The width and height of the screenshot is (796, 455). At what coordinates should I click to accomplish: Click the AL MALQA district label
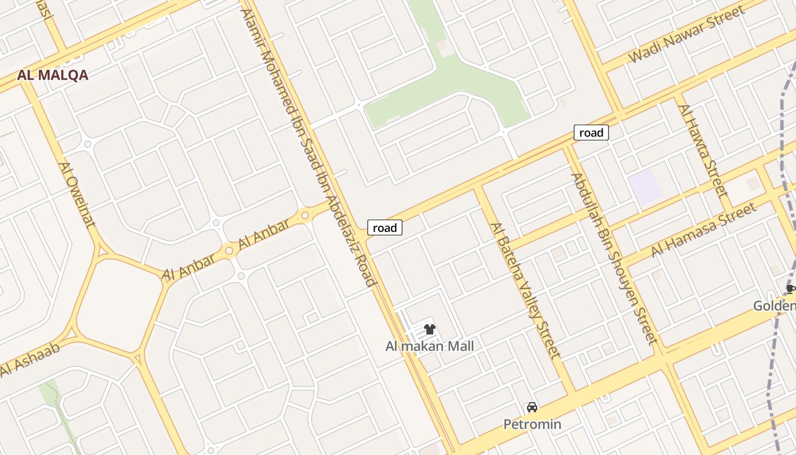click(x=52, y=75)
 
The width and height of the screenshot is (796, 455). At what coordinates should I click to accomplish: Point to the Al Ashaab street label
click(x=30, y=360)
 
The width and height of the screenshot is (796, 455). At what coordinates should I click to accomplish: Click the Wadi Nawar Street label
click(x=686, y=34)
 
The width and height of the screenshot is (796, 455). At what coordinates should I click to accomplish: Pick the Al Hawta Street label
click(x=703, y=150)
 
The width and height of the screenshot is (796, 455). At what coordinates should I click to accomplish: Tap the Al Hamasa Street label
click(x=704, y=229)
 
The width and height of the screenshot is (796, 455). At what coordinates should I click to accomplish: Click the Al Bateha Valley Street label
click(x=526, y=290)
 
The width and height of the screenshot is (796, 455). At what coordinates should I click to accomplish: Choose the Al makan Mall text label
click(x=429, y=346)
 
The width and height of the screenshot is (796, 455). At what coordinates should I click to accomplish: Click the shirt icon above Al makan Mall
click(x=429, y=329)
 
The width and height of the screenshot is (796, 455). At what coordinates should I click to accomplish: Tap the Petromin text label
click(x=532, y=424)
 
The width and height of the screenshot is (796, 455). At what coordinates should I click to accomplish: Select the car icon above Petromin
click(x=532, y=407)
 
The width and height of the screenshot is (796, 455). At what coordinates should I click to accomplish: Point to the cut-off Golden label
click(x=774, y=306)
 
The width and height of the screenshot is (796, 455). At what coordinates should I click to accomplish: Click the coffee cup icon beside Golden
click(x=790, y=289)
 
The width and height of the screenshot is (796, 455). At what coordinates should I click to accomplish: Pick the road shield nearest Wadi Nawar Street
click(x=591, y=133)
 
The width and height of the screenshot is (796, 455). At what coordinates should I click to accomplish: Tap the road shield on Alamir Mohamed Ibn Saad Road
click(x=385, y=228)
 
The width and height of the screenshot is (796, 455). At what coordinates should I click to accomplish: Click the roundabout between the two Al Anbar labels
click(x=229, y=250)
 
